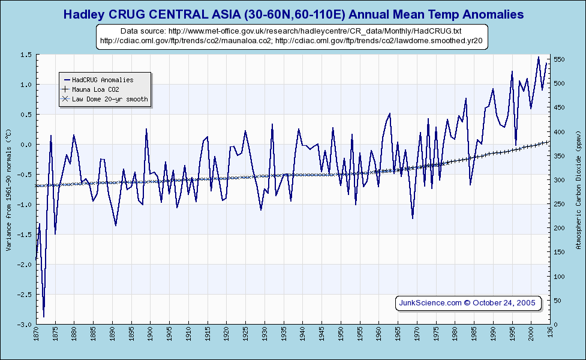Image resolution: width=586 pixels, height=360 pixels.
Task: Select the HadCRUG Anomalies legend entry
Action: coord(103,79)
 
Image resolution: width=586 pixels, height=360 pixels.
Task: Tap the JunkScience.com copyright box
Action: coord(468,302)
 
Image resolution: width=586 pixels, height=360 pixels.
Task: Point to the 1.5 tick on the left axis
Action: coord(26,55)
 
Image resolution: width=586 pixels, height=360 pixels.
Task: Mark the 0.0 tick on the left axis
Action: coord(26,145)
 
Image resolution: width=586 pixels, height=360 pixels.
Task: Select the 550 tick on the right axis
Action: coord(560,59)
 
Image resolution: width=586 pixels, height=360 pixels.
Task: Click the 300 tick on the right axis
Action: coord(560,180)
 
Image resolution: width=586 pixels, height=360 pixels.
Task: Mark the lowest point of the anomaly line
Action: coord(43,317)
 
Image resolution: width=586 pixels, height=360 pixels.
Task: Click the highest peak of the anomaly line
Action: coord(539,57)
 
